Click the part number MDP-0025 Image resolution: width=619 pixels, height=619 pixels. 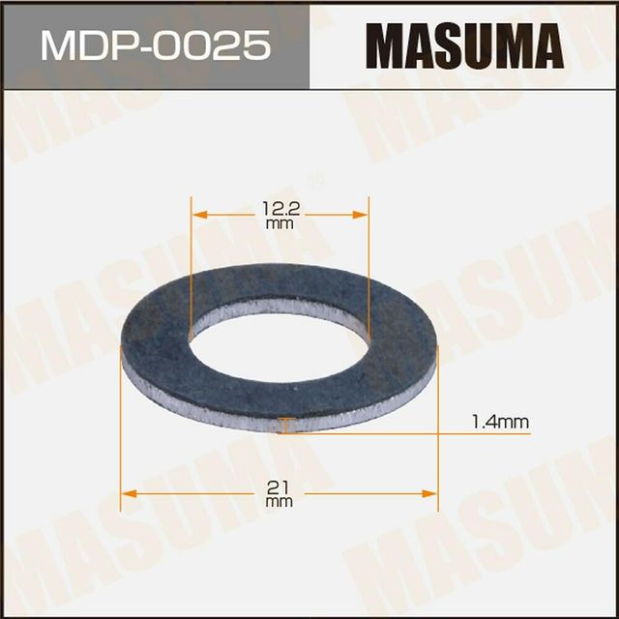coord(154,45)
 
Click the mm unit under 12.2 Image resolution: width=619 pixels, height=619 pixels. coord(280,224)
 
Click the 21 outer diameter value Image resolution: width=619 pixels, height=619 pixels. coord(279,485)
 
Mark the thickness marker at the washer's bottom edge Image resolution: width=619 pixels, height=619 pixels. coord(281,425)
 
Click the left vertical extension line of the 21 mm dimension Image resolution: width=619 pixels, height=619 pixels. coord(122,435)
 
